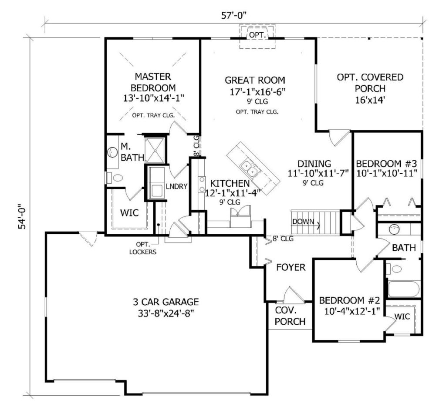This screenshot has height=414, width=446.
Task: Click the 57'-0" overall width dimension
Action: (x=233, y=15)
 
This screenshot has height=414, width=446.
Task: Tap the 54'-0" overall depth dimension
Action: (x=22, y=216)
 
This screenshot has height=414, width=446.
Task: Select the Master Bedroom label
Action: (x=153, y=82)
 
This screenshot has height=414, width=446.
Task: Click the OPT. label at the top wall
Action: (x=257, y=35)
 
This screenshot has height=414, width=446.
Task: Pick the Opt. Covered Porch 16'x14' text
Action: (x=370, y=88)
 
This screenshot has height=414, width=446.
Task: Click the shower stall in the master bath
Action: (x=155, y=151)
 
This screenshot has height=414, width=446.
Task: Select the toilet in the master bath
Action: (x=115, y=178)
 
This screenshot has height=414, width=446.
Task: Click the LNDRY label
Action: (x=177, y=186)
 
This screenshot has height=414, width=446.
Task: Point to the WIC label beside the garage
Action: (x=129, y=213)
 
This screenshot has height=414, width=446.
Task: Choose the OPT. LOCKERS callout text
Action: (x=143, y=248)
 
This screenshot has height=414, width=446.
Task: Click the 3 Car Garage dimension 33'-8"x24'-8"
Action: (x=166, y=313)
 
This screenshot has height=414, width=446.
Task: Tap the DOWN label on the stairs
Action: (x=303, y=222)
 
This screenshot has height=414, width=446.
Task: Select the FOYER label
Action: (x=291, y=267)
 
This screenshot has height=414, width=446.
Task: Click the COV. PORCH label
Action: (x=290, y=316)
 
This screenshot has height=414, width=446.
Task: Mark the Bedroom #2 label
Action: (x=350, y=300)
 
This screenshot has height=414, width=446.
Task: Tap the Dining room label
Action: (x=314, y=164)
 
